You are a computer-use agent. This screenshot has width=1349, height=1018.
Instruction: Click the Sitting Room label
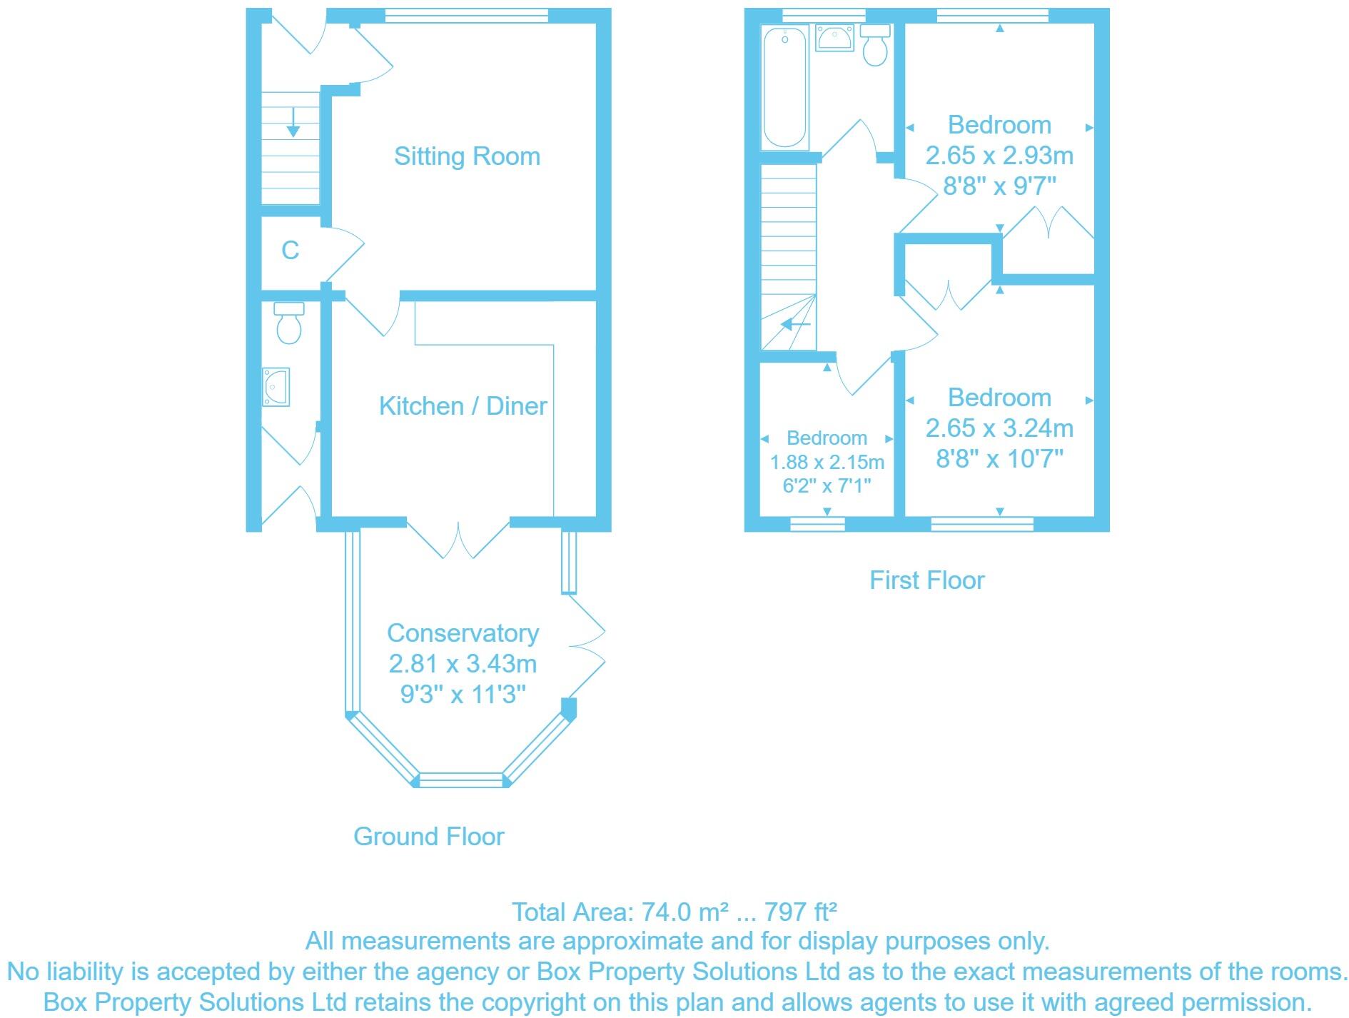point(467,156)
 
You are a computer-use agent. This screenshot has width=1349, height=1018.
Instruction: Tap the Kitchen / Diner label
point(463,406)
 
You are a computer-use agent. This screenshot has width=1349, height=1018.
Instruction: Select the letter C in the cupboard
point(290,251)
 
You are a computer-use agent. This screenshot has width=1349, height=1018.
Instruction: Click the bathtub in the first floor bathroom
point(784,87)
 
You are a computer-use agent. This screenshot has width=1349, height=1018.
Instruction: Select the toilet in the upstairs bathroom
point(875,44)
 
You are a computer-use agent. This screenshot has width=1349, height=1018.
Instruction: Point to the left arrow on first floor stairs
point(795,326)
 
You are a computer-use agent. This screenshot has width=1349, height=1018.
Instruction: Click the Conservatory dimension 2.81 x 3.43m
point(463,664)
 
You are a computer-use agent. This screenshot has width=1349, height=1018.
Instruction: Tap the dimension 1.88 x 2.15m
point(827,462)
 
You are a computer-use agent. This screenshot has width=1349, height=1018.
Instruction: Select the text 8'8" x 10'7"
point(999,458)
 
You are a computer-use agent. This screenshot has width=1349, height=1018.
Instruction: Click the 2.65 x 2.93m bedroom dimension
point(999,156)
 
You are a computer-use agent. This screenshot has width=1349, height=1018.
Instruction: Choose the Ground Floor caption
point(428,836)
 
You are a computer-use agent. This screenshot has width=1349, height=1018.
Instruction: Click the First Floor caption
point(926,580)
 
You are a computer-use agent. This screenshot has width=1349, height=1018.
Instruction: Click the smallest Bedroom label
point(827,438)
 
